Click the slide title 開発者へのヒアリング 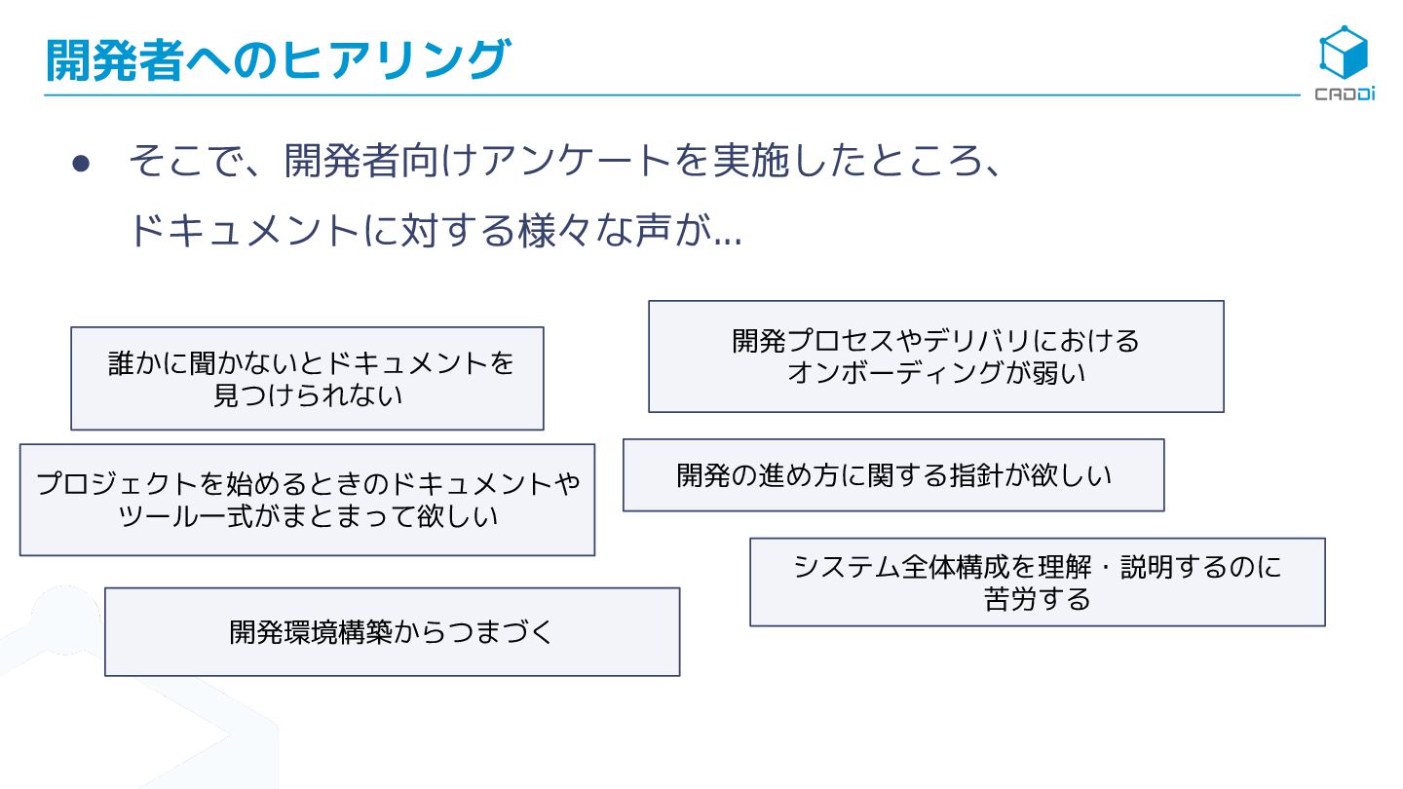pyautogui.click(x=277, y=59)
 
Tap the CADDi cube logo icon pyautogui.click(x=1344, y=53)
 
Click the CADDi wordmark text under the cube pyautogui.click(x=1345, y=94)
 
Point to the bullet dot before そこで pyautogui.click(x=81, y=164)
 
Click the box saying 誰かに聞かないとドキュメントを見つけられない pyautogui.click(x=307, y=378)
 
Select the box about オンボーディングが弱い pyautogui.click(x=935, y=356)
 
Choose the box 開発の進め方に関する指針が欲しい pyautogui.click(x=893, y=474)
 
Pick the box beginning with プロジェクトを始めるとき pyautogui.click(x=307, y=500)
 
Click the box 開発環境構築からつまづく pyautogui.click(x=392, y=631)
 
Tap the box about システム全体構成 pyautogui.click(x=1037, y=582)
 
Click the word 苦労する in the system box pyautogui.click(x=1037, y=598)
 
